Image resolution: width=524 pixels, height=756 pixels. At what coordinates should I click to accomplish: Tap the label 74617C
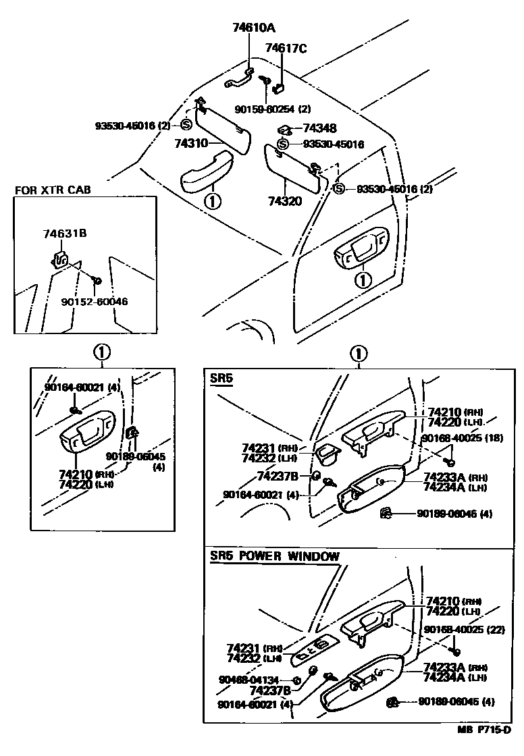pyautogui.click(x=286, y=48)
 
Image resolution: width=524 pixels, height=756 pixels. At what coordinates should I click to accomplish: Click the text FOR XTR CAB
pyautogui.click(x=52, y=190)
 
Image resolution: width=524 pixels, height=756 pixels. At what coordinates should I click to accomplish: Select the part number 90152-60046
pyautogui.click(x=94, y=302)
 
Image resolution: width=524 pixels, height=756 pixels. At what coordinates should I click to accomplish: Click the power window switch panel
pyautogui.click(x=315, y=649)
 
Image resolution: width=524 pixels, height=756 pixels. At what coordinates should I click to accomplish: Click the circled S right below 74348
pyautogui.click(x=282, y=144)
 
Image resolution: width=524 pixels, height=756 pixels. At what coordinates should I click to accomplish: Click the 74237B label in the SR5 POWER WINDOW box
pyautogui.click(x=269, y=690)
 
